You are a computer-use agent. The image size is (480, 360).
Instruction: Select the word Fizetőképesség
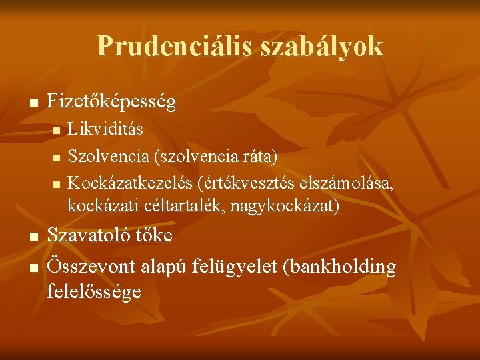112,103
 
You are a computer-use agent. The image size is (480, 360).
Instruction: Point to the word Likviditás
105,128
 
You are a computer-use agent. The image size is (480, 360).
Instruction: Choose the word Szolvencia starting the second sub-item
108,155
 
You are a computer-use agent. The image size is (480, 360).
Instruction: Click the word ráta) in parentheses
261,155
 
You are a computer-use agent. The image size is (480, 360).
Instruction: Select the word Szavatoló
91,235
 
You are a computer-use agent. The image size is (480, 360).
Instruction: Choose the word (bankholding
339,267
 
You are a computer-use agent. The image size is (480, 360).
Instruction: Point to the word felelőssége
94,291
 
